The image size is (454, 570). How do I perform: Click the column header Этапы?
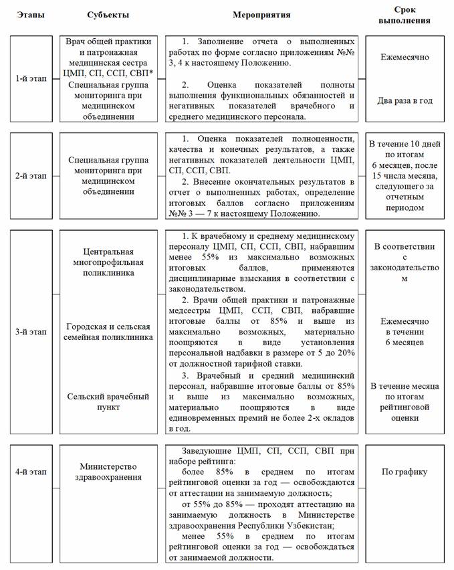32,15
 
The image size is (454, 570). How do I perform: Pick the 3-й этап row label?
31,332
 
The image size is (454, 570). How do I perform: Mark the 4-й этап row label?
31,472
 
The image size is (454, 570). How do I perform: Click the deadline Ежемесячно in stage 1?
405,58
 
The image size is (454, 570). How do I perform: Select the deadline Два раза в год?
405,101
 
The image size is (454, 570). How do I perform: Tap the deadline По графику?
405,472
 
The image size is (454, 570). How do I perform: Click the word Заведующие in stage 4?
206,452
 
